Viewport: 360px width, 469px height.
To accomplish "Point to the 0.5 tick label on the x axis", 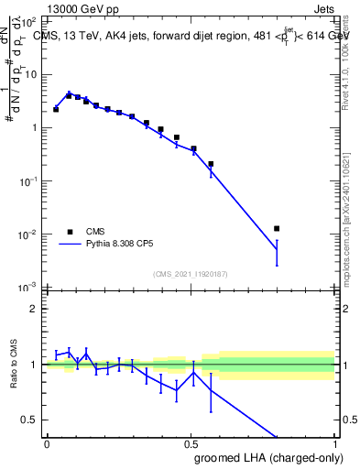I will [191, 442].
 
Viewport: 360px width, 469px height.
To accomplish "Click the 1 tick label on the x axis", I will [333, 442].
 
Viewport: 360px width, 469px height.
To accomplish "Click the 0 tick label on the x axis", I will [47, 442].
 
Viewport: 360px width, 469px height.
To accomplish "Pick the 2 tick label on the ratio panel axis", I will [36, 309].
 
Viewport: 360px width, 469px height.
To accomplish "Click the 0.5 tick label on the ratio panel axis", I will [31, 420].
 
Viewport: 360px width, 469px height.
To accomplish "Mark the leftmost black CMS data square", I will [56, 109].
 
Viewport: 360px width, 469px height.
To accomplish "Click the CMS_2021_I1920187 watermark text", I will [190, 273].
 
